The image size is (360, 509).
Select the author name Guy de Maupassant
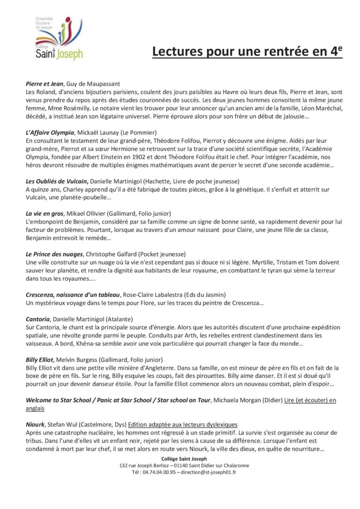click(90, 83)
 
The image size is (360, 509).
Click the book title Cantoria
click(38, 319)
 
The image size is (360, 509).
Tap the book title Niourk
click(35, 424)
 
